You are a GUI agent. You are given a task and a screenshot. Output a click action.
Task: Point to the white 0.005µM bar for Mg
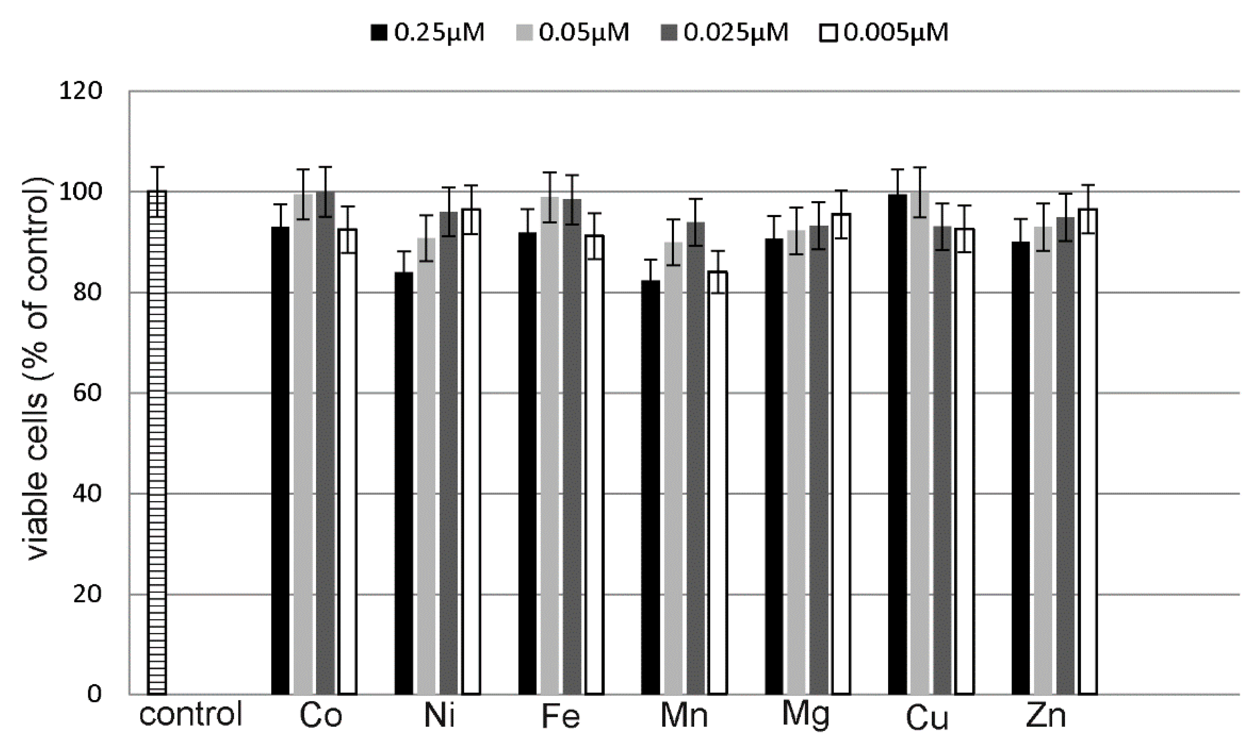(841, 453)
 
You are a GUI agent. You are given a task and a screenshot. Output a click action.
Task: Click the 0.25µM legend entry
(428, 33)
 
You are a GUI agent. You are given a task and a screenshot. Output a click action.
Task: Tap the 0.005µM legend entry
(884, 33)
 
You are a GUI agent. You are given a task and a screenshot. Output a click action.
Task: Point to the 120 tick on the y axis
(81, 91)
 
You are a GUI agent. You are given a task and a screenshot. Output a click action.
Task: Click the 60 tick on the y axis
(87, 393)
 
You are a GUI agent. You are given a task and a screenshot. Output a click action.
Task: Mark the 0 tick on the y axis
(94, 694)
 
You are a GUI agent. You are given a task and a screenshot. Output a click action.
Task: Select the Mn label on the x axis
(684, 715)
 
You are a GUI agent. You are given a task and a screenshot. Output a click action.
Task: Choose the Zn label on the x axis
(1046, 715)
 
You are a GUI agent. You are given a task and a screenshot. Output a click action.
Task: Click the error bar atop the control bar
(158, 190)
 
